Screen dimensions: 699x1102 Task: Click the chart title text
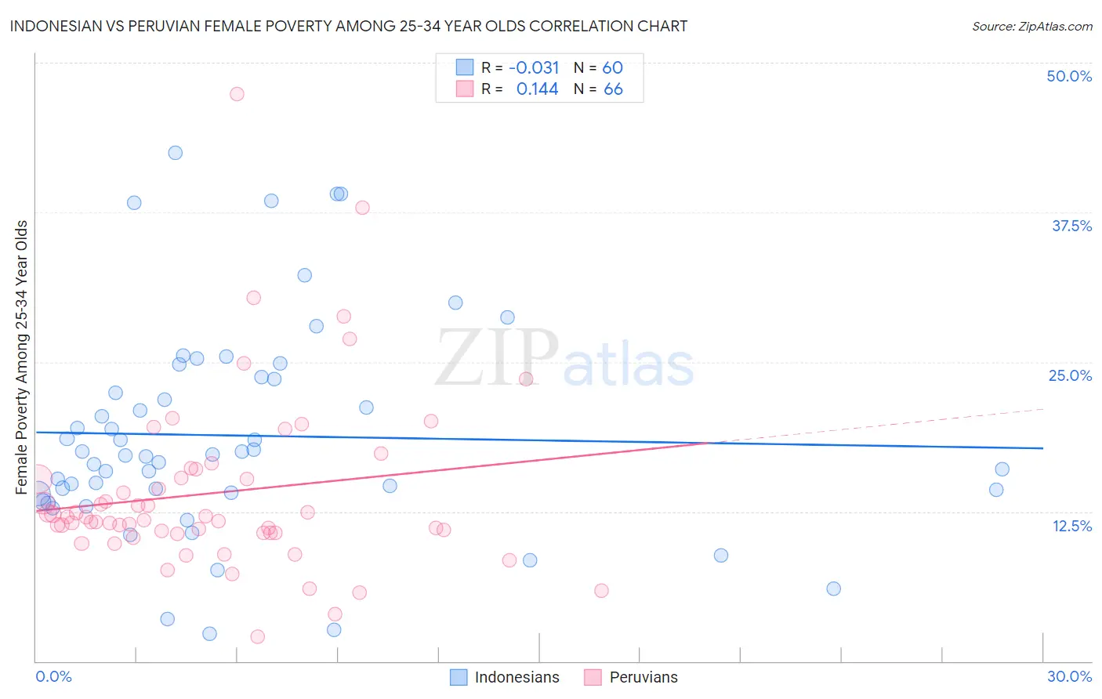point(349,26)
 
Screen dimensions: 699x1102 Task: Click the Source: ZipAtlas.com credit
point(1031,26)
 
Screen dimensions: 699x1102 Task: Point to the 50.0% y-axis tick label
point(1069,76)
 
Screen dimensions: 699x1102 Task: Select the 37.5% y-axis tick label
point(1071,226)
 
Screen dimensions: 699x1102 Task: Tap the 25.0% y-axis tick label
point(1070,375)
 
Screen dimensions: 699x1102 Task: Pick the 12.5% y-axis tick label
point(1071,526)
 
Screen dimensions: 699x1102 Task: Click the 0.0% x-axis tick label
point(53,676)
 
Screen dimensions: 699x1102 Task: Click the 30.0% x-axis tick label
point(1069,676)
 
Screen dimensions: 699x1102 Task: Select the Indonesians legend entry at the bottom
point(506,677)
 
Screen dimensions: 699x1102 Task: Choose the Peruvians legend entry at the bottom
point(632,677)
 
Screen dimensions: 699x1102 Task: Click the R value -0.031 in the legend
point(534,68)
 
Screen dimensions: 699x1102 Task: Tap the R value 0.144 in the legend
point(537,89)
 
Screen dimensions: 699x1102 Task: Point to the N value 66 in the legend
point(613,89)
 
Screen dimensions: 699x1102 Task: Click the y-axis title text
point(22,357)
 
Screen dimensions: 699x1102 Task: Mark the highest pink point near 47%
point(237,94)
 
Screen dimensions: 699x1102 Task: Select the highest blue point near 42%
point(176,153)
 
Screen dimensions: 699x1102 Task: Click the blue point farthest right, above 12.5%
point(1002,469)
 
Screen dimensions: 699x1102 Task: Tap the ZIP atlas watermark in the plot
point(564,359)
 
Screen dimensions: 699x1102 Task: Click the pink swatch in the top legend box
point(465,89)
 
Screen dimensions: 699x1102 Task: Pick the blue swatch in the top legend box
point(465,67)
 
